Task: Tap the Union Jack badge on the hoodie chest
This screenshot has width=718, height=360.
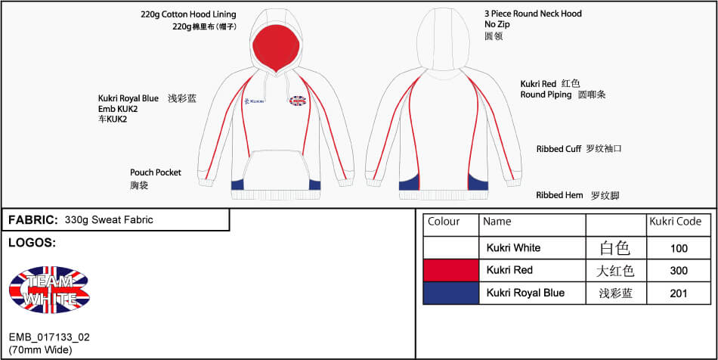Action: [x=297, y=101]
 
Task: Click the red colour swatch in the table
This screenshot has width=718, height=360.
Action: [x=451, y=270]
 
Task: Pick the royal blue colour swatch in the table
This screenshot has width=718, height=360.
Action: [x=451, y=293]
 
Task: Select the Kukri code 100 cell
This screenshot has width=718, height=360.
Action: [x=679, y=248]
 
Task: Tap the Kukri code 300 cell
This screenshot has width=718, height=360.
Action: [x=679, y=270]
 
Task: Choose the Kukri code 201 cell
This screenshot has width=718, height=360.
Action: [x=679, y=293]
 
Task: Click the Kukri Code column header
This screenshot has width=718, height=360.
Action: [x=676, y=222]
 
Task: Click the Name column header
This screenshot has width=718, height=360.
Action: [x=497, y=222]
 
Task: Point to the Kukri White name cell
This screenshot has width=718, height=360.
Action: [x=513, y=248]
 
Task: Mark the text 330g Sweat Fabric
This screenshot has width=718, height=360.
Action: [x=109, y=220]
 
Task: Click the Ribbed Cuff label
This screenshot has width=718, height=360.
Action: [x=559, y=149]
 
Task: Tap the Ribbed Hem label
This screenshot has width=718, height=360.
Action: [x=559, y=195]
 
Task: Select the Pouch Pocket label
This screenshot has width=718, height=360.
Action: [x=156, y=172]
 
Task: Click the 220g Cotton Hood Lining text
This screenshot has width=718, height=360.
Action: [x=188, y=14]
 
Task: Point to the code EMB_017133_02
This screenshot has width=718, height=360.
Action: [x=50, y=337]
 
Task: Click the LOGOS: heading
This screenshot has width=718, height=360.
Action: [x=31, y=244]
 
